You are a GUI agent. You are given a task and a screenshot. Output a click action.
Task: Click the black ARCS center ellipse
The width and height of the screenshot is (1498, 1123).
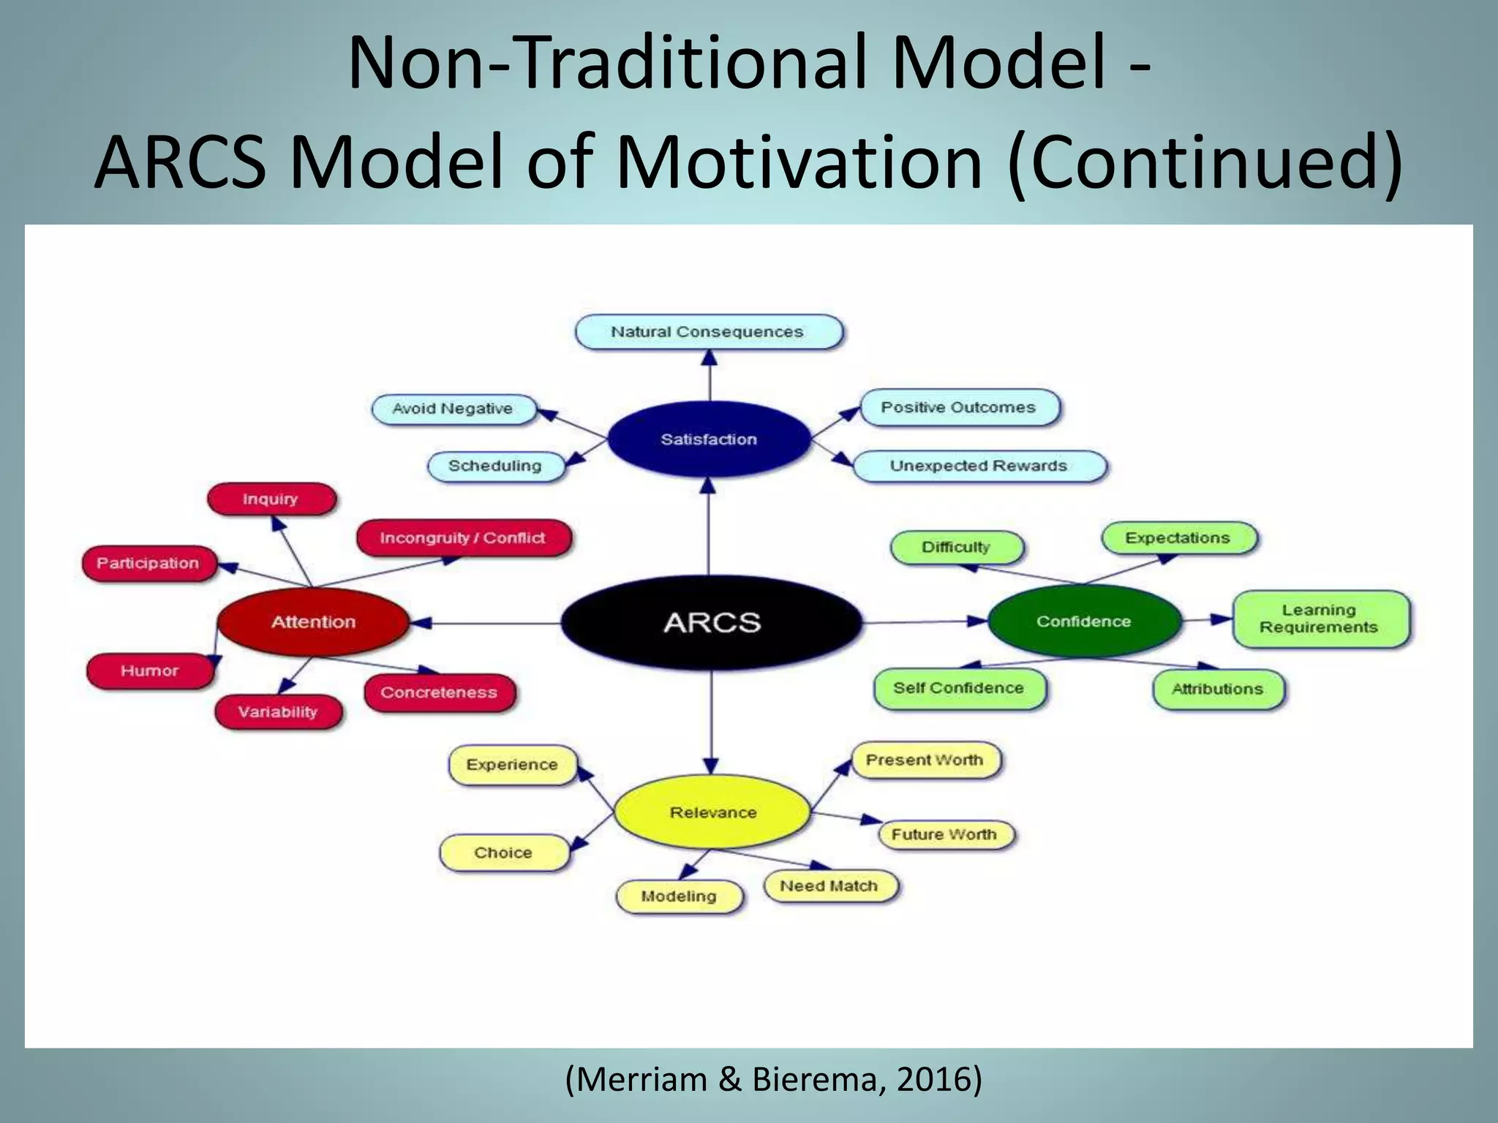(712, 622)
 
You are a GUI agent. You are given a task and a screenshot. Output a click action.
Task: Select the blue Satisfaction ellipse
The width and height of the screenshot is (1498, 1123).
(709, 439)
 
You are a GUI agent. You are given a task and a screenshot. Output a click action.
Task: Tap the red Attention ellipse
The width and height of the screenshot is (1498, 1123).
(313, 621)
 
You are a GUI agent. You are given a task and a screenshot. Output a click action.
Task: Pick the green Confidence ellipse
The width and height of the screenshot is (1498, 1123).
(1083, 621)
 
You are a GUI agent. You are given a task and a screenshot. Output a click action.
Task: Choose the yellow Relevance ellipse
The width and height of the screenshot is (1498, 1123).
(712, 812)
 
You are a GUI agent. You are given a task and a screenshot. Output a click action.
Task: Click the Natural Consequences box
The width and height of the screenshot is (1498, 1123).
(707, 332)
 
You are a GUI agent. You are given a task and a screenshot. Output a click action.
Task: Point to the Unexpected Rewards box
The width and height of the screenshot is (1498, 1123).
(978, 466)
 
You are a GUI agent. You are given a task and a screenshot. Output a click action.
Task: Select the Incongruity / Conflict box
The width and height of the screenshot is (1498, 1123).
(462, 538)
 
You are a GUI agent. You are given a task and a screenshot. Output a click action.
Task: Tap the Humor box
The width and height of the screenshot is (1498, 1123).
(150, 670)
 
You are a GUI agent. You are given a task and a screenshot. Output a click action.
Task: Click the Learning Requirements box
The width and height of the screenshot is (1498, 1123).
(1319, 619)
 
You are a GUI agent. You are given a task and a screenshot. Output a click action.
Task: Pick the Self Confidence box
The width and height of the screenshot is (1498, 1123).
(958, 688)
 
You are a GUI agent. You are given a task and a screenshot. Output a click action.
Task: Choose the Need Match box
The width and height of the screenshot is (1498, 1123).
(829, 886)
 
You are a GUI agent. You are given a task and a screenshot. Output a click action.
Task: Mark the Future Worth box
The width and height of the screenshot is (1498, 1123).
(944, 834)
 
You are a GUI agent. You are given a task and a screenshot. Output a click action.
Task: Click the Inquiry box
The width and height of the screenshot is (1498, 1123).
(271, 499)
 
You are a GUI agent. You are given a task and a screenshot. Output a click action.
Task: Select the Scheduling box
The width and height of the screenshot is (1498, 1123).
(495, 466)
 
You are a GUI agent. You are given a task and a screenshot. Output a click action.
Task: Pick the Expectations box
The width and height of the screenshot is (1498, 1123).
(1178, 538)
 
